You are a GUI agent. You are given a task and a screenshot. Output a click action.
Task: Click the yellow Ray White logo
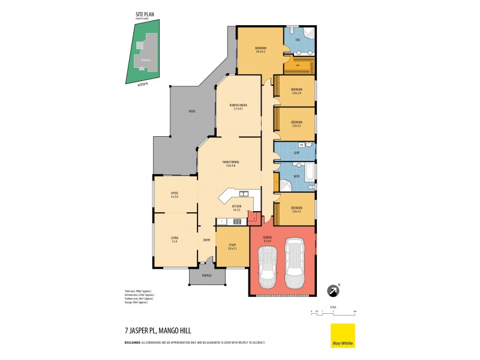343,335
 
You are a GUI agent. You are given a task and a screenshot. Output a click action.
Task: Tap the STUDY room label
232,245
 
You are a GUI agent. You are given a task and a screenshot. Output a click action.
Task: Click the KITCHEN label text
236,206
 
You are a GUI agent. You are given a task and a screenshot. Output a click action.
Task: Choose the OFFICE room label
174,193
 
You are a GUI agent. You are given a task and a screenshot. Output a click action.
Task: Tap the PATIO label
191,111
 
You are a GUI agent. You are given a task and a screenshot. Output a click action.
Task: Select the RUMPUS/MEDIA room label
238,106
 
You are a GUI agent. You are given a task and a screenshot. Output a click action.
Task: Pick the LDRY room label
296,153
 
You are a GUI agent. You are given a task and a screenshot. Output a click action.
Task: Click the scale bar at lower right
333,312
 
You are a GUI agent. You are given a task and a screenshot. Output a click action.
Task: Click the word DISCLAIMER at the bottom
136,342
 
